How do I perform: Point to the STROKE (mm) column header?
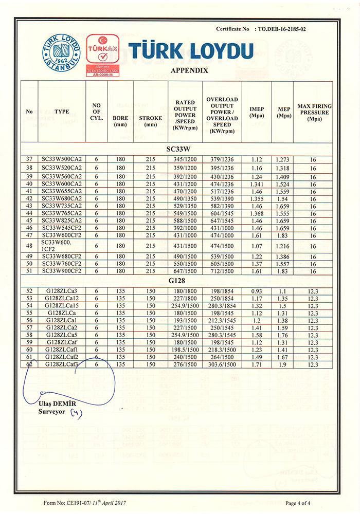[150, 121]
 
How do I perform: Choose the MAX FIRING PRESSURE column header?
[315, 113]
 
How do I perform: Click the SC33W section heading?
[179, 148]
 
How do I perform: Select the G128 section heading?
[179, 282]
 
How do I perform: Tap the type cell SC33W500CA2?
[62, 160]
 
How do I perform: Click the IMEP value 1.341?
[257, 183]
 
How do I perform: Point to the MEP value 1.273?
[283, 160]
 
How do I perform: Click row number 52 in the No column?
[29, 291]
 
